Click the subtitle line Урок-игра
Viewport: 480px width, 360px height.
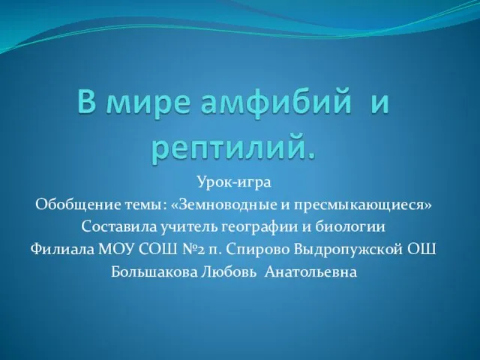click(234, 183)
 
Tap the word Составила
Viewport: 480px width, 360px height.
click(118, 226)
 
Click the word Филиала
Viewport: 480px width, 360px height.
click(62, 250)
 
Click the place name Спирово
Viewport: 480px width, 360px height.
click(259, 250)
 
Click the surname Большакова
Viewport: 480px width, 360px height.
click(154, 271)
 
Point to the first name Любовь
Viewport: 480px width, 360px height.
click(229, 271)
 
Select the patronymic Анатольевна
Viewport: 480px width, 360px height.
click(310, 271)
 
